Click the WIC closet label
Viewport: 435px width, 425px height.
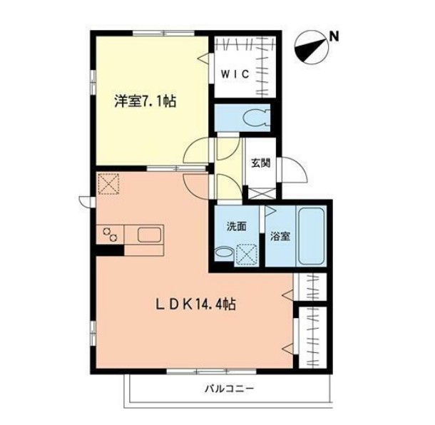click(235, 74)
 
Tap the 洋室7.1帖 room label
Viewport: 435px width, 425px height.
click(145, 101)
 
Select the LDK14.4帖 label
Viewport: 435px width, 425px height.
click(195, 304)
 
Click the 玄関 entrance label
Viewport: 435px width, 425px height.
click(261, 163)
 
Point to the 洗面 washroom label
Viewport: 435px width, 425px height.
click(236, 227)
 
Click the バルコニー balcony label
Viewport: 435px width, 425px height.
click(230, 389)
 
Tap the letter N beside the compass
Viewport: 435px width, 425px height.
click(335, 36)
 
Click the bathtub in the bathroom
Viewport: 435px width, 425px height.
click(312, 237)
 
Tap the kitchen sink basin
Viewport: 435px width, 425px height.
click(149, 235)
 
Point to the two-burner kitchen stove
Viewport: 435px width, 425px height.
click(110, 235)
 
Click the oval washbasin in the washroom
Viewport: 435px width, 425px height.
click(224, 252)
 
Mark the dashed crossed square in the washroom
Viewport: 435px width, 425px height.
click(247, 255)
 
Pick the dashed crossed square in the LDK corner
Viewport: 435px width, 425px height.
click(108, 184)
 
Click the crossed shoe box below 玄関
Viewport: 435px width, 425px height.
click(262, 194)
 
